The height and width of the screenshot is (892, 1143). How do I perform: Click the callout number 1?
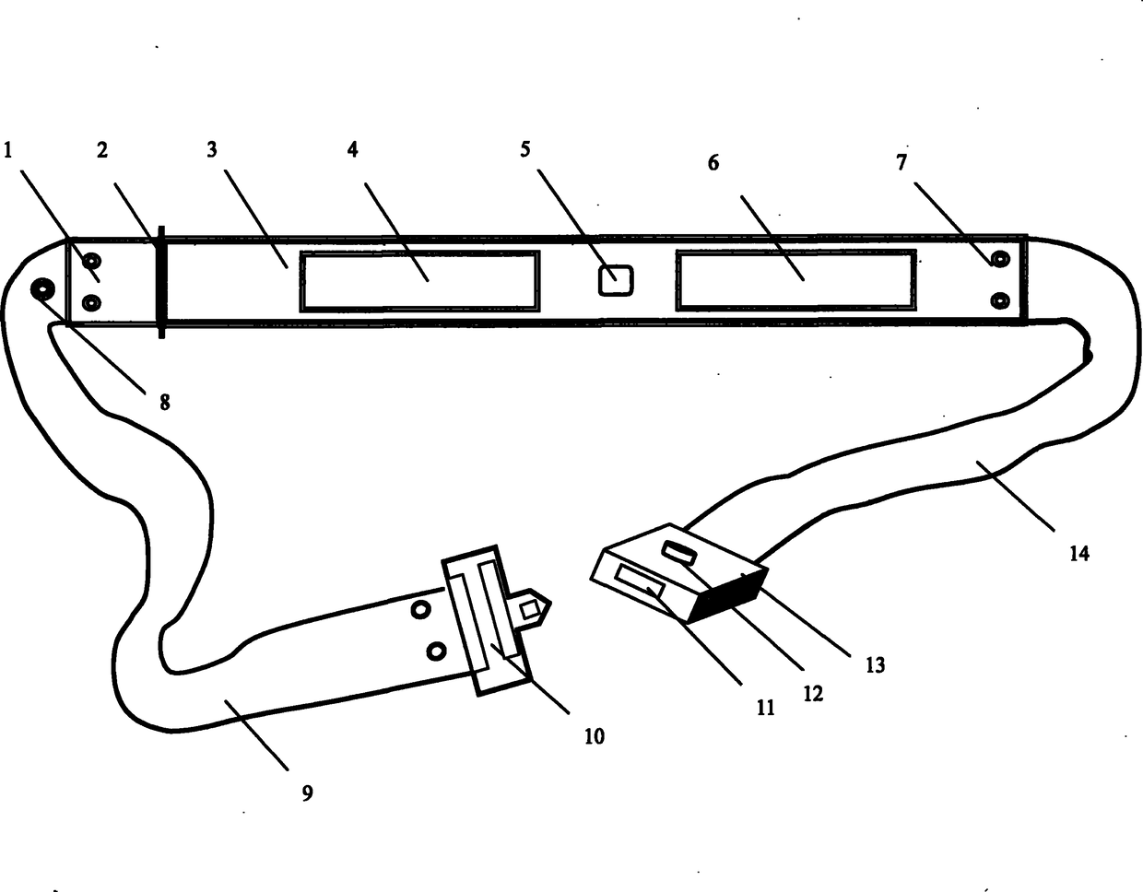tap(8, 149)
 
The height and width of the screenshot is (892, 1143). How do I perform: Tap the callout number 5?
tap(524, 149)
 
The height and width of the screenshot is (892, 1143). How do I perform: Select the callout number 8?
tap(165, 402)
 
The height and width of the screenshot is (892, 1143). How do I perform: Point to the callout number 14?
tap(1078, 553)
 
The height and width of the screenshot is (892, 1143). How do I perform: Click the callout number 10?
tap(595, 735)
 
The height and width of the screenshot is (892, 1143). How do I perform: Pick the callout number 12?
tap(812, 693)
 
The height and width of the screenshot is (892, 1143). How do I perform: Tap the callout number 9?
tap(308, 792)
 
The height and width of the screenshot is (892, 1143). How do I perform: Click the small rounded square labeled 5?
tap(616, 280)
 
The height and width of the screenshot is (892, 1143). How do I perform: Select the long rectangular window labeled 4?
tap(418, 281)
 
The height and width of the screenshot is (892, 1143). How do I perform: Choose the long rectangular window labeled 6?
tap(795, 280)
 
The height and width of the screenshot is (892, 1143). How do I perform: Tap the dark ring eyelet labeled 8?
tap(42, 290)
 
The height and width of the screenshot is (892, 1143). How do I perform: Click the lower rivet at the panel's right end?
tap(999, 299)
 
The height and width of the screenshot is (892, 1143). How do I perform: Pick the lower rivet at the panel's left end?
tap(90, 302)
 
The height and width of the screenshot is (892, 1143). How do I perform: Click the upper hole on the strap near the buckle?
tap(420, 609)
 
